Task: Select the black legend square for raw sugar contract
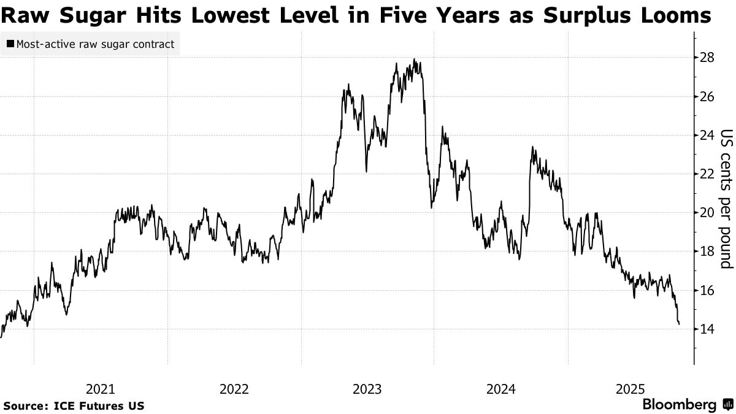[10, 44]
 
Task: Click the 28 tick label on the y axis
[707, 58]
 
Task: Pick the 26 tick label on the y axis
[707, 97]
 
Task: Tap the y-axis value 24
[707, 136]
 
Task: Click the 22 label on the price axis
[707, 174]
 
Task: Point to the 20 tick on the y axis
[707, 213]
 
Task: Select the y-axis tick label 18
[707, 251]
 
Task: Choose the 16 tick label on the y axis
[707, 290]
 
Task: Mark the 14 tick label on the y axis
[707, 329]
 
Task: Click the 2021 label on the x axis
[100, 389]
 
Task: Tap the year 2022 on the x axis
[234, 389]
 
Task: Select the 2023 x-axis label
[367, 389]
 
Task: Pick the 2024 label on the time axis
[500, 389]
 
